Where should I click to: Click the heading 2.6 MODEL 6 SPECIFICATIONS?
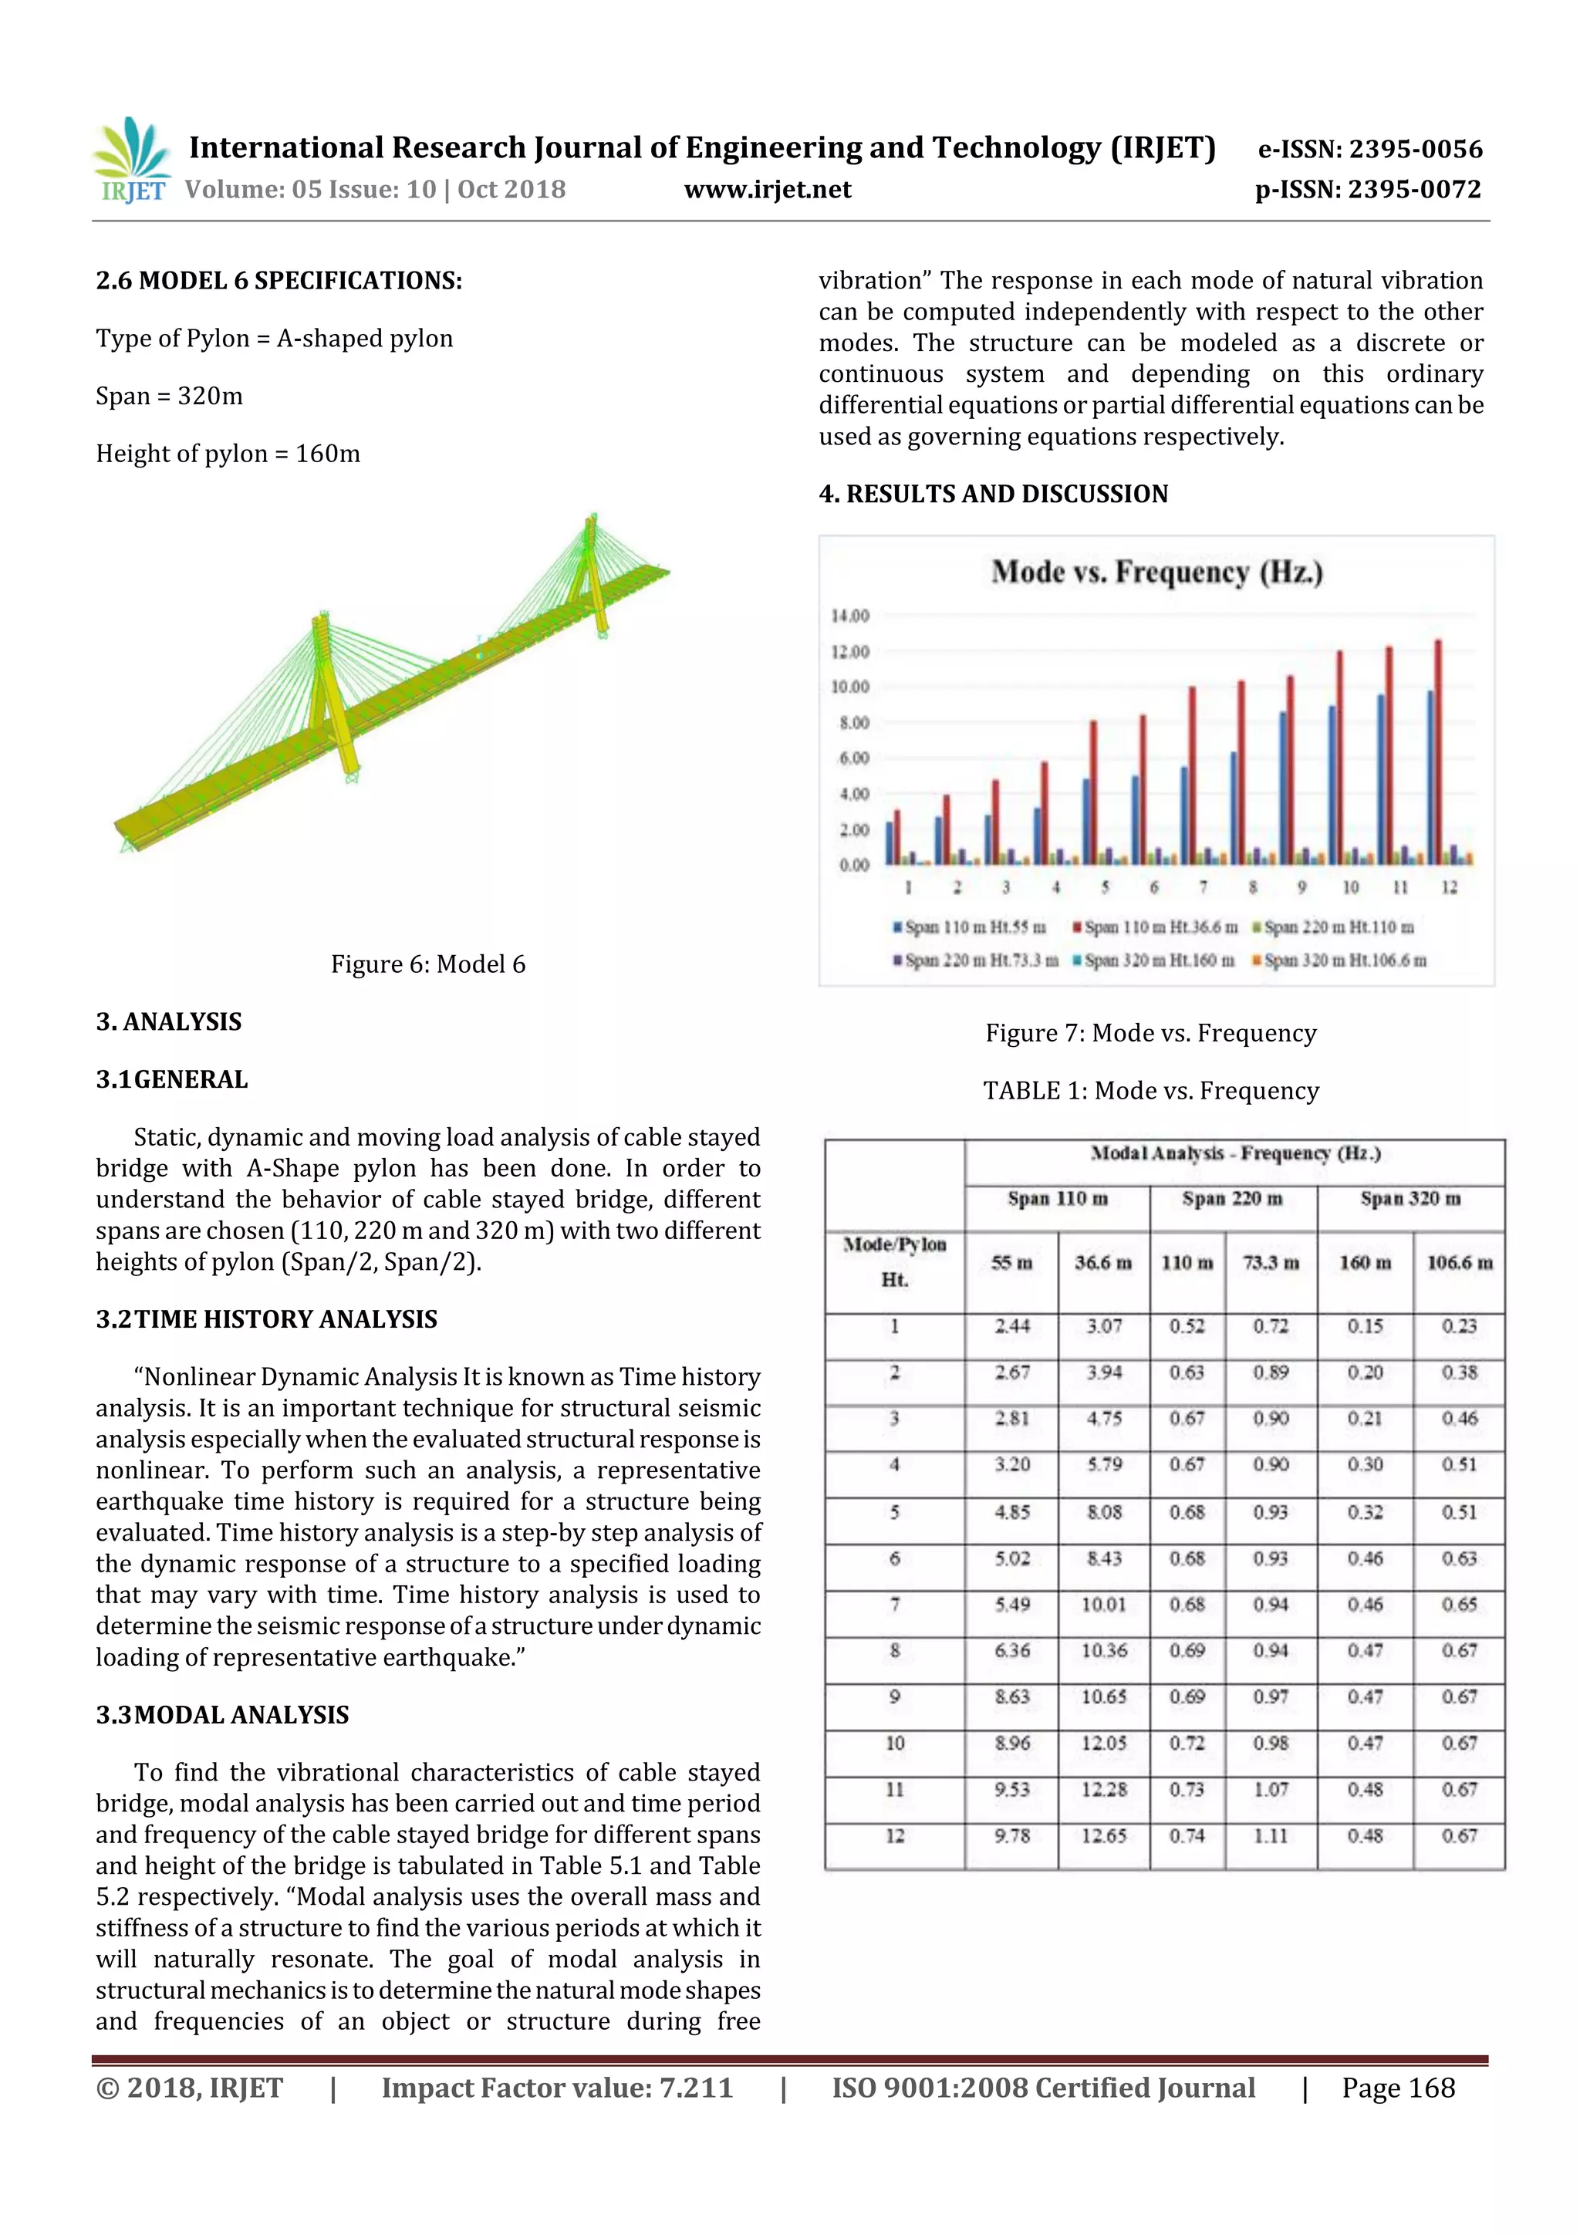[x=279, y=282]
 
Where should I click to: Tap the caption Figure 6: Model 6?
[x=427, y=964]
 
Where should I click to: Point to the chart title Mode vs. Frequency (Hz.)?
[x=1156, y=572]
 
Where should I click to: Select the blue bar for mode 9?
[x=1283, y=788]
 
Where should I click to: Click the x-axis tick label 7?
[x=1204, y=888]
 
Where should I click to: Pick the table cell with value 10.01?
[x=1103, y=1604]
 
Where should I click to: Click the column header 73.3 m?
[x=1271, y=1263]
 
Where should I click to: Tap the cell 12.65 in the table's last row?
[x=1103, y=1836]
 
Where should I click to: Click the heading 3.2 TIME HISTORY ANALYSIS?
[x=267, y=1320]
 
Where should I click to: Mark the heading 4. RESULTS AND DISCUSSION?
[x=993, y=495]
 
